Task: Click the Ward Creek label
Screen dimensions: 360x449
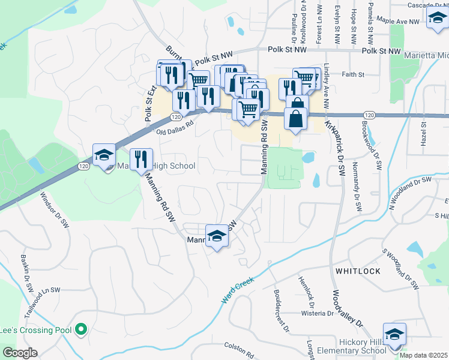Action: coord(238,289)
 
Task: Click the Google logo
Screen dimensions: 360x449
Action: coord(19,353)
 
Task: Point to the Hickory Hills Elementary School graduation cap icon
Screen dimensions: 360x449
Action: coord(394,334)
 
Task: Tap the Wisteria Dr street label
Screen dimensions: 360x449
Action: coord(316,313)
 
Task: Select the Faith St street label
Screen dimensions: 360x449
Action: coord(353,75)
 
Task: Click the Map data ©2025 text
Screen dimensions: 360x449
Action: coord(424,355)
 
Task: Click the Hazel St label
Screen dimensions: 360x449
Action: coord(423,133)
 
